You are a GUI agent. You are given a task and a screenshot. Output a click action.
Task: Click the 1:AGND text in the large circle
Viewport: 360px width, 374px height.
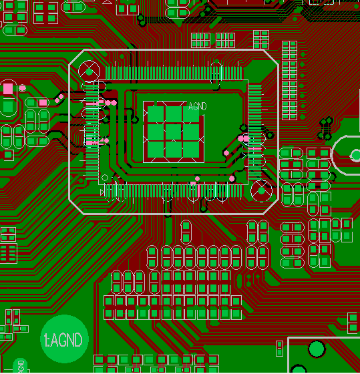point(63,340)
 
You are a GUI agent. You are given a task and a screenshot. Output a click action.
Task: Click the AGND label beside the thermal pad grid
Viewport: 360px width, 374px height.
point(197,106)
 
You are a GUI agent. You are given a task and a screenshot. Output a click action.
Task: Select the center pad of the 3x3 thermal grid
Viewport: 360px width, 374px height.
point(174,132)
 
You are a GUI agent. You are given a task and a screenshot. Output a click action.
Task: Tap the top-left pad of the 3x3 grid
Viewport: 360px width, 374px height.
point(156,114)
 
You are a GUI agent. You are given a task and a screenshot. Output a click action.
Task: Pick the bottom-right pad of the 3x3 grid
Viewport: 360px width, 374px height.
point(191,150)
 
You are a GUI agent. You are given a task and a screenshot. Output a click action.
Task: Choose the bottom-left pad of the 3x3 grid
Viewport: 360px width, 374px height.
point(156,150)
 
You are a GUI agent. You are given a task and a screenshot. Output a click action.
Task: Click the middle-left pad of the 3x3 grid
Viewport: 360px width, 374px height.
point(156,132)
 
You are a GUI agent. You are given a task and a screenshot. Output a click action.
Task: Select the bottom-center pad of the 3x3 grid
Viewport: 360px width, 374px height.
point(174,150)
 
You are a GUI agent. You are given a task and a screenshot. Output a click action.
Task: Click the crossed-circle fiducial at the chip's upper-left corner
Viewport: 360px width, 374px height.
point(89,71)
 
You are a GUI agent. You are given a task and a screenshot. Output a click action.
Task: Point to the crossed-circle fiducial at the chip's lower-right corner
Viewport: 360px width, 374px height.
point(261,191)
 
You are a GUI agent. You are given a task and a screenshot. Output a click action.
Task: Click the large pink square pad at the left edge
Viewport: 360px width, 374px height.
point(8,89)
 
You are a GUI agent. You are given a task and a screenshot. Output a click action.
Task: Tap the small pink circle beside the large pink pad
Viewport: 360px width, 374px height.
point(23,88)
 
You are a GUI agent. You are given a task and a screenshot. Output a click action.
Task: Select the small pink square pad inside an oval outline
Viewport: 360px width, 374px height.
point(43,103)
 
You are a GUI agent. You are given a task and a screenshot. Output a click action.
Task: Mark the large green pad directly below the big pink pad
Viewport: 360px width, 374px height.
point(8,106)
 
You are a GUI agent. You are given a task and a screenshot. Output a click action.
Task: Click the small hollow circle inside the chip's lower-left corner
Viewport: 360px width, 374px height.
point(105,178)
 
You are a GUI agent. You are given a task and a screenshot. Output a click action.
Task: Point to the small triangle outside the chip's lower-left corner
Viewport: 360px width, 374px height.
point(102,192)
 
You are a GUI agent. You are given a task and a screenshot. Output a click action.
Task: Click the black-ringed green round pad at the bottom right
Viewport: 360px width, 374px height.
point(317,349)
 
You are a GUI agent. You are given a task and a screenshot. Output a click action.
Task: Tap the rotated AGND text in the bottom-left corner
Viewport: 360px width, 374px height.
point(21,367)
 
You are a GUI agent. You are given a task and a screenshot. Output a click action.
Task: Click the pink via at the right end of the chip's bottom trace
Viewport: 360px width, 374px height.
point(232,178)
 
